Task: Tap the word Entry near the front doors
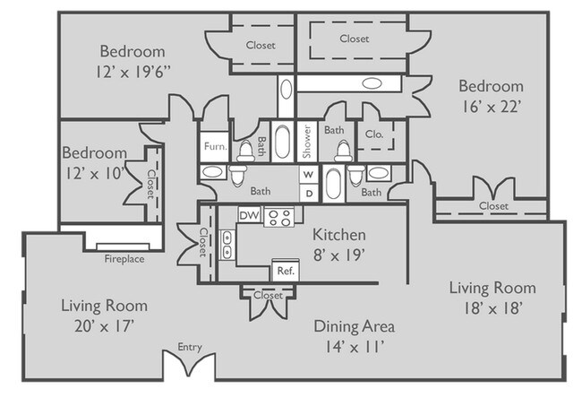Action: pyautogui.click(x=190, y=346)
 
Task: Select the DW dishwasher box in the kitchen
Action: pyautogui.click(x=249, y=217)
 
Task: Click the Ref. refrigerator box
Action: pyautogui.click(x=285, y=270)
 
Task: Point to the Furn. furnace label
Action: pyautogui.click(x=213, y=145)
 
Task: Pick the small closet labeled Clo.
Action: pyautogui.click(x=374, y=136)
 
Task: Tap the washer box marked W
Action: pyautogui.click(x=307, y=175)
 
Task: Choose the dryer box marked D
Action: pyautogui.click(x=307, y=192)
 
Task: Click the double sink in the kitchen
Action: pyautogui.click(x=227, y=244)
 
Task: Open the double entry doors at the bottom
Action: pyautogui.click(x=189, y=368)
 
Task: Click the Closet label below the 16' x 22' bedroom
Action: pyautogui.click(x=492, y=206)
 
